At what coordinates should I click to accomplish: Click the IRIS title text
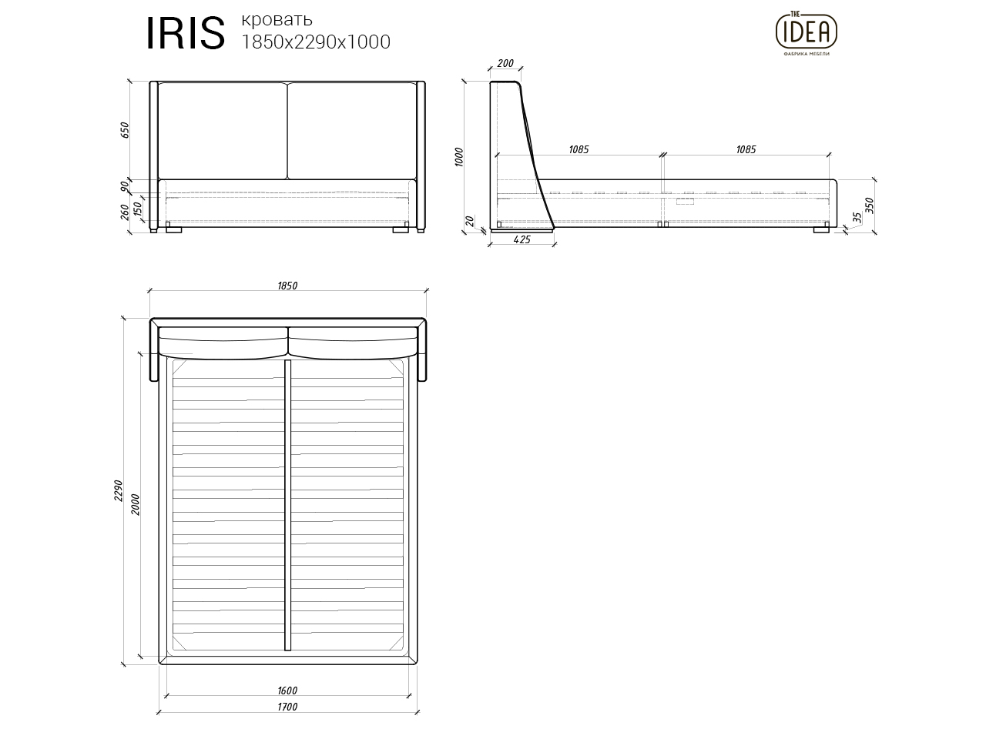click(186, 34)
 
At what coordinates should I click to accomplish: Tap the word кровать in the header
click(277, 19)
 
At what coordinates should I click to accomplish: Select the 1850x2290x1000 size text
click(316, 42)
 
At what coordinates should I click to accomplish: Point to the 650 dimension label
click(126, 130)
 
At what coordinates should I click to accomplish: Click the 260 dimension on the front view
click(126, 212)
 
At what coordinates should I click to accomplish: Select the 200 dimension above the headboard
click(505, 64)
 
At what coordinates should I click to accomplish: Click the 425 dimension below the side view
click(522, 240)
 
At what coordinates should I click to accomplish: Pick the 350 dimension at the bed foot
click(870, 206)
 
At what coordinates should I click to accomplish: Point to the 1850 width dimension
click(287, 286)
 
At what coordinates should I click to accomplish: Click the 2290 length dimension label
click(119, 490)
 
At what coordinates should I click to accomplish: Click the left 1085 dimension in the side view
click(579, 149)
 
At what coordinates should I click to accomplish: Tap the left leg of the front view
click(173, 229)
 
